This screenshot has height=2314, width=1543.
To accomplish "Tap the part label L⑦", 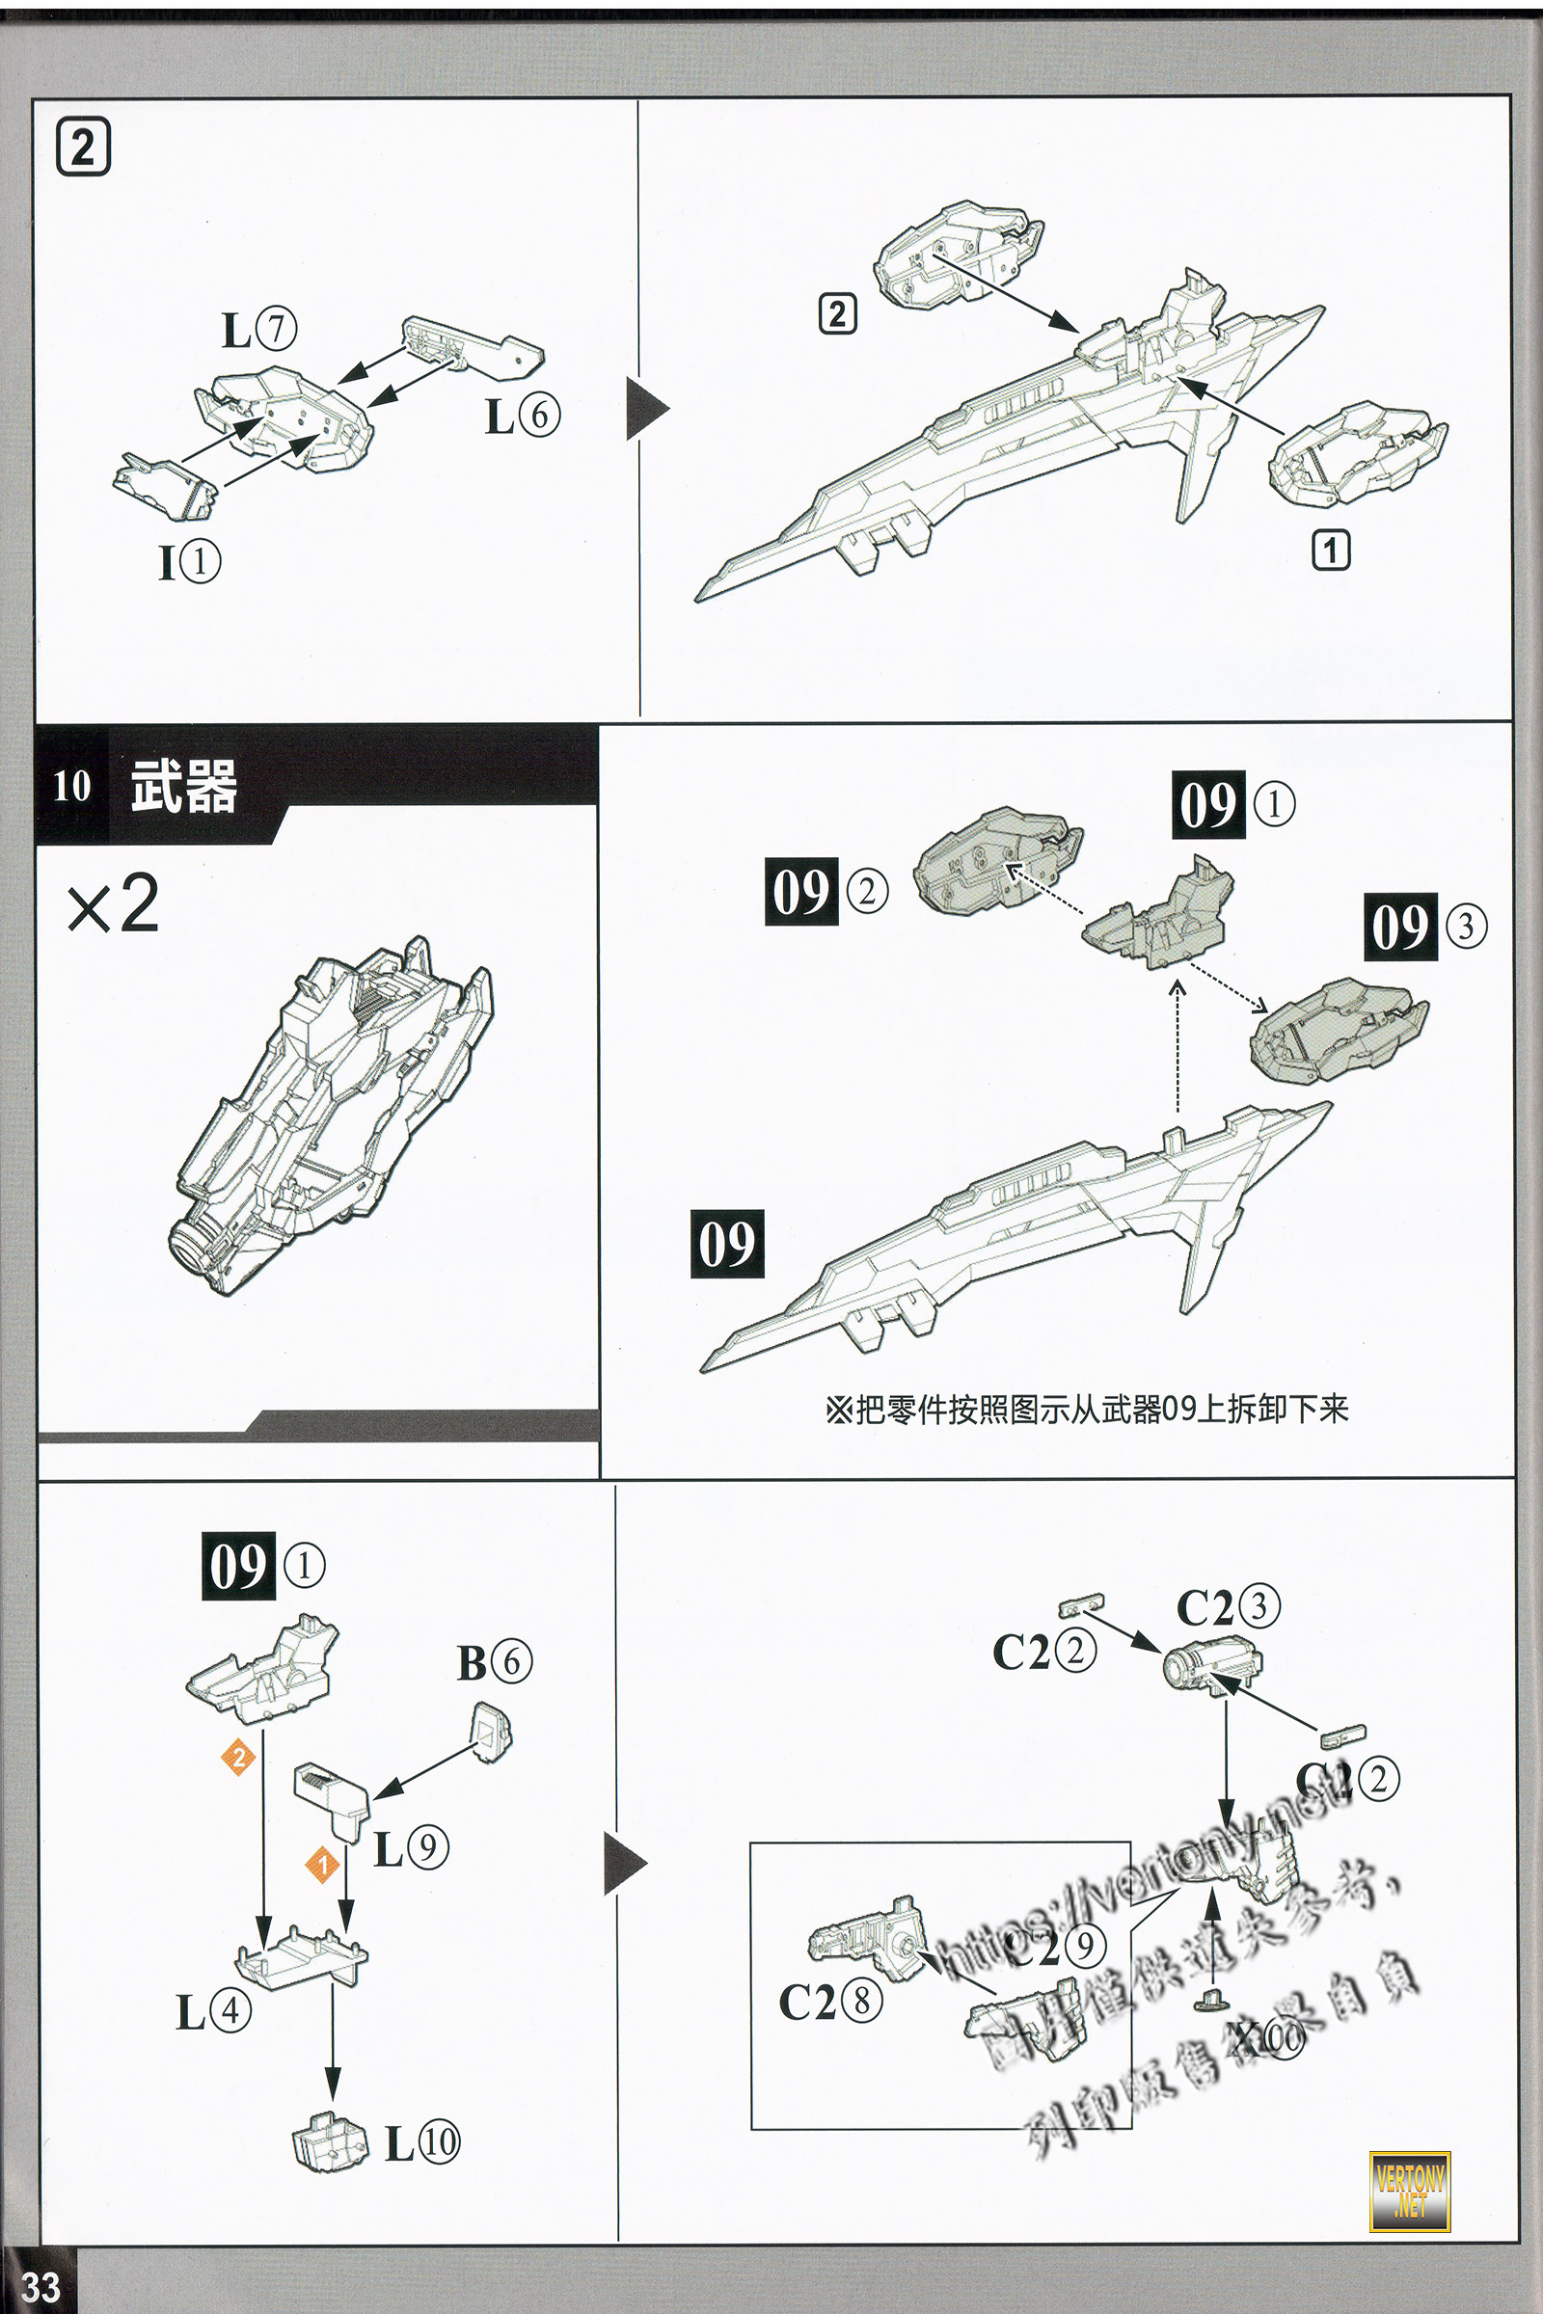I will point(258,330).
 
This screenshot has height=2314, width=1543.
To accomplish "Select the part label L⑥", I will point(523,416).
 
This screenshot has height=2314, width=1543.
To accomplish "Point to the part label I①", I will point(190,562).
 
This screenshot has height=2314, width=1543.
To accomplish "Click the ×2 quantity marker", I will point(112,905).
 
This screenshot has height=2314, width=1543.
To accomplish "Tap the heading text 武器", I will point(184,787).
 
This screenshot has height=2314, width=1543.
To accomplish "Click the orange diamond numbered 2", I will point(238,1757).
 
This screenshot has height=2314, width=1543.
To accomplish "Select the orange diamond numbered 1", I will point(321,1865).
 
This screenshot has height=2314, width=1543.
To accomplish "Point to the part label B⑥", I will point(494,1662).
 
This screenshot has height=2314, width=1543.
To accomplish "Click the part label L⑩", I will point(422,2142).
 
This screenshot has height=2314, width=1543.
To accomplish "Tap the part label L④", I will point(213,2013).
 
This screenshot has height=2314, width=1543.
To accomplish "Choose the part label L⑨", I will point(412,1848).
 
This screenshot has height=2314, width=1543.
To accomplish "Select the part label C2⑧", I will point(829,2003).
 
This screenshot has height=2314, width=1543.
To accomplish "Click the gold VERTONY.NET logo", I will point(1409,2191).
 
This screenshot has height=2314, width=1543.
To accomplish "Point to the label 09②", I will point(826,891).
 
